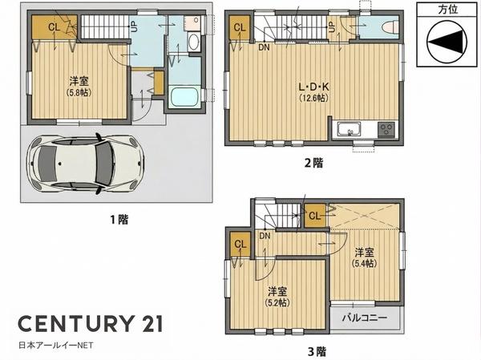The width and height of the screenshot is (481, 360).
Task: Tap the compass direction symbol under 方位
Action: coord(447,42)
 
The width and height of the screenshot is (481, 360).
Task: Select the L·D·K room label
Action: coord(313,87)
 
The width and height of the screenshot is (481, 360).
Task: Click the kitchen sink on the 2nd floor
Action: coord(349,129)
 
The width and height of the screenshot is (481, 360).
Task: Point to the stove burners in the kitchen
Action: coord(386,129)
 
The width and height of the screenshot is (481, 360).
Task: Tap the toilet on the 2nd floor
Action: coord(390,27)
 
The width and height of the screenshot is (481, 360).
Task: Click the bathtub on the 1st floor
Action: coord(184,96)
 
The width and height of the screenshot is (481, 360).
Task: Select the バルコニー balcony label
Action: coord(365,318)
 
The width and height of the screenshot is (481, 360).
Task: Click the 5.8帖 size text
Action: coord(79,92)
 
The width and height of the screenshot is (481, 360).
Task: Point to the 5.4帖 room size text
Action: coord(365,263)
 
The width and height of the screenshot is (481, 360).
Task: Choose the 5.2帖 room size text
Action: coord(277,302)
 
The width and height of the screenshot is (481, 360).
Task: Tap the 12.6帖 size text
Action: coord(313,98)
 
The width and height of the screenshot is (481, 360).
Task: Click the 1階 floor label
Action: coord(119,220)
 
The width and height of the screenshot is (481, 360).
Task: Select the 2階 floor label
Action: coord(313,163)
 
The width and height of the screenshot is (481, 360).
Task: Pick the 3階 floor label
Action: coord(317,351)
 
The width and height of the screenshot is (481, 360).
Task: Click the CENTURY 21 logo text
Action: coord(90,323)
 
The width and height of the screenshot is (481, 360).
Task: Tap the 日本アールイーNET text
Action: coord(56,346)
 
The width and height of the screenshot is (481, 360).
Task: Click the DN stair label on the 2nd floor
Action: coord(264,47)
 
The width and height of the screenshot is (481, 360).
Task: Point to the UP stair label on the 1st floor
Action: coord(134,26)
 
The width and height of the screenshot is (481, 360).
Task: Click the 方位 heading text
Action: coord(448,10)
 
